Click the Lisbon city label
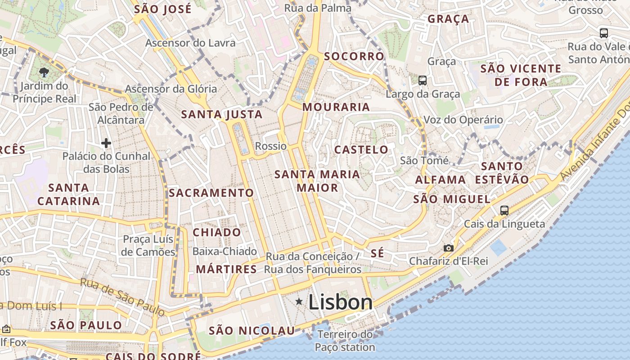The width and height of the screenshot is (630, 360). tap(341, 302)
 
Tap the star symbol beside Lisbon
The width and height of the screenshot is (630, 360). tap(299, 301)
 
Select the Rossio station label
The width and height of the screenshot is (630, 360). tap(270, 146)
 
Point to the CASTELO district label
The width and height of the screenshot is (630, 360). tap(361, 149)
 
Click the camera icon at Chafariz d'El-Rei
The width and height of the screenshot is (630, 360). tap(448, 248)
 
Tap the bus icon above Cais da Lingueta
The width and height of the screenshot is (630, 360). tap(504, 210)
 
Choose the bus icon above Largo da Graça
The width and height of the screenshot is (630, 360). tap(422, 81)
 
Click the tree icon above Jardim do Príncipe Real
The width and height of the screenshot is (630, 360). tap(44, 72)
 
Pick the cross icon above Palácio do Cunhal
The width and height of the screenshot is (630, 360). tap(106, 143)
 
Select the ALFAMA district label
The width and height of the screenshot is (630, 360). tap(440, 180)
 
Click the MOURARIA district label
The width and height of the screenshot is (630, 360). tap(336, 107)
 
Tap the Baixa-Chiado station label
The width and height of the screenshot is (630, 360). tap(225, 251)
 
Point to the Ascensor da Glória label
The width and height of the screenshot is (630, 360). tap(171, 89)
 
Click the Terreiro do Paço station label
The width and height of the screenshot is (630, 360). tap(345, 341)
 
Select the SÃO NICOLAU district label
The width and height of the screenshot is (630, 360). tap(252, 331)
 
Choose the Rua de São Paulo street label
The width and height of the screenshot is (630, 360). tap(122, 296)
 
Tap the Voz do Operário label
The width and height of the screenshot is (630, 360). tap(463, 120)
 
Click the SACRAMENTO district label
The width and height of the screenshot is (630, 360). tap(211, 193)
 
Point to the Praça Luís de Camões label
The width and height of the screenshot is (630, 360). tap(148, 245)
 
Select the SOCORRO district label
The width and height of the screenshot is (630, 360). tap(354, 56)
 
